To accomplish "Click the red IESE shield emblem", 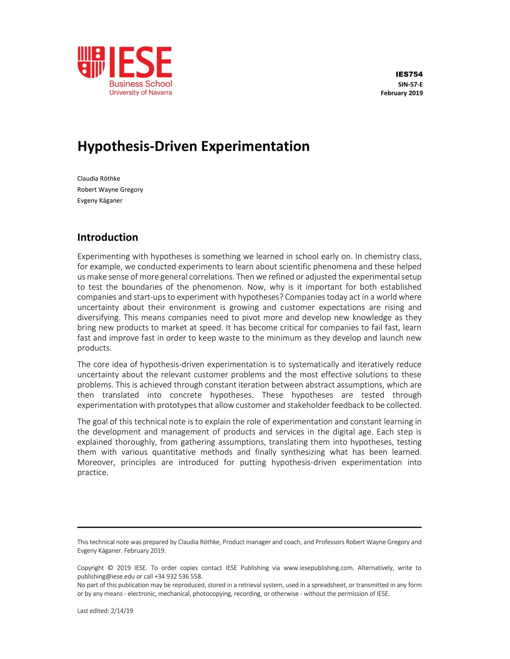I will click(x=91, y=62).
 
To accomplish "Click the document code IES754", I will click(x=409, y=74).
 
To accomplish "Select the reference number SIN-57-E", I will click(x=410, y=85).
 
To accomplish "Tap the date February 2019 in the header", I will click(x=401, y=93).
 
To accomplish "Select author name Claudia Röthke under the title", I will click(x=98, y=179).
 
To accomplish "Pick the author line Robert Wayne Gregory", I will click(x=110, y=190).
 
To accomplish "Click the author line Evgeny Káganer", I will click(x=100, y=201).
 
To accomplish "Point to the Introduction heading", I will click(x=107, y=237).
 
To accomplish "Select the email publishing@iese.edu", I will click(x=106, y=577).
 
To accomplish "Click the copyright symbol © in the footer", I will click(x=110, y=568).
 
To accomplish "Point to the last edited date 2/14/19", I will click(x=122, y=611).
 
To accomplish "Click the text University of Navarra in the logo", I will click(x=140, y=93).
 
